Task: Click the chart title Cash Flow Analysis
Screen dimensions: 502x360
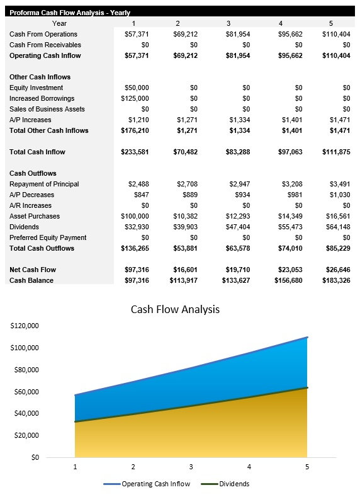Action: (175, 309)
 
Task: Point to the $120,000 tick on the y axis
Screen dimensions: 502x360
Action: (25, 326)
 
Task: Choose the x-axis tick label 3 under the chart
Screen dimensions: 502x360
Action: (191, 467)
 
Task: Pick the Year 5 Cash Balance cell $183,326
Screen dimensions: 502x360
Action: (334, 280)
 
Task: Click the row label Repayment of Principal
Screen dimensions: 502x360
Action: (44, 184)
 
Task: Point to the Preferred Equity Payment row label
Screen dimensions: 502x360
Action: (48, 237)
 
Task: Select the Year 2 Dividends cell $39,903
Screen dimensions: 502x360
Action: (185, 227)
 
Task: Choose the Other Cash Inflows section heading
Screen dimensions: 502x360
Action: (40, 77)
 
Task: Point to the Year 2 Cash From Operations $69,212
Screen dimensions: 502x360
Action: (185, 34)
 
